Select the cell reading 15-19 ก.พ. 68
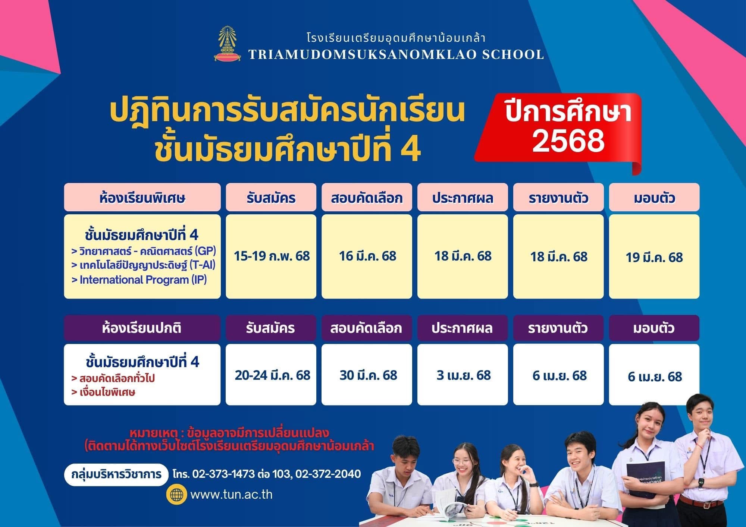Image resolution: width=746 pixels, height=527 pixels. click(271, 256)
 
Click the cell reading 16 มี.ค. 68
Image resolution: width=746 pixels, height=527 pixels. click(367, 256)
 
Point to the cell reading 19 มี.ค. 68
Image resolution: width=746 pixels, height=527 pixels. click(654, 256)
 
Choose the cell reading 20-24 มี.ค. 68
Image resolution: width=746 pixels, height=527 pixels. click(271, 375)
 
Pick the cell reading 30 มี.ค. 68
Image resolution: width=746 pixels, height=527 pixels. click(367, 375)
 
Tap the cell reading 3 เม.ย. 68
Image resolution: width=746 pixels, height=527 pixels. click(463, 375)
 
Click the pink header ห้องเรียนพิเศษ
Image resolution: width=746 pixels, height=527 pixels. click(142, 197)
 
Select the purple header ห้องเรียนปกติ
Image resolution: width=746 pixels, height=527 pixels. click(142, 328)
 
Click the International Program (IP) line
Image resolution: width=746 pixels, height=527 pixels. click(139, 280)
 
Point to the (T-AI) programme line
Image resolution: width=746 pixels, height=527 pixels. click(143, 265)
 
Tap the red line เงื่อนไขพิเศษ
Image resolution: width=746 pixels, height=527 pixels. click(103, 392)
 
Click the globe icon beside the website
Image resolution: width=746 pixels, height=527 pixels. click(177, 495)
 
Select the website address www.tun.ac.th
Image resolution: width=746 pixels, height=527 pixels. click(231, 495)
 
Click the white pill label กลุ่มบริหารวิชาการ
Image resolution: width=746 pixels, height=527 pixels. click(116, 474)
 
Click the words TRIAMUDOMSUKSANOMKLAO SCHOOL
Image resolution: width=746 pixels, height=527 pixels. click(396, 54)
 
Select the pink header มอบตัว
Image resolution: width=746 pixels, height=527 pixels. click(654, 197)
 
